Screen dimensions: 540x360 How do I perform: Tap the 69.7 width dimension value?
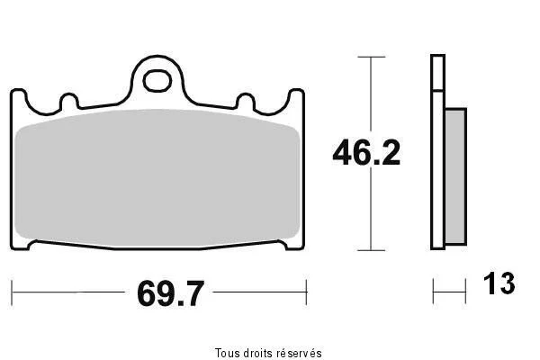(170, 293)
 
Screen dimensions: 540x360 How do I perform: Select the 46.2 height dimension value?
(366, 153)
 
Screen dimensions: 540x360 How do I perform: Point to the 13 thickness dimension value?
(499, 283)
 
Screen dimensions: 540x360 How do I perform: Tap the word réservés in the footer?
(300, 353)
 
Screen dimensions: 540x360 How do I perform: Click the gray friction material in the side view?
(456, 176)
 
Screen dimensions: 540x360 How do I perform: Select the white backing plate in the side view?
(437, 151)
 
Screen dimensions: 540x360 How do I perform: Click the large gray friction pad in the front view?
(157, 178)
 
